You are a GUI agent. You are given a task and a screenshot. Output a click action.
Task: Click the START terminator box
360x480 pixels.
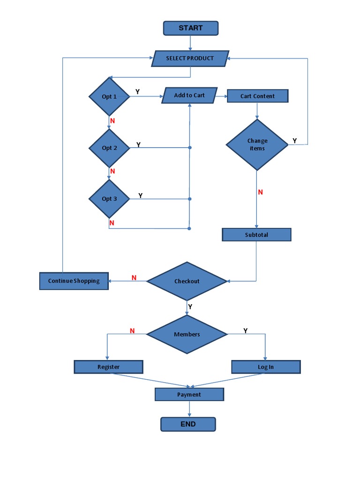click(190, 28)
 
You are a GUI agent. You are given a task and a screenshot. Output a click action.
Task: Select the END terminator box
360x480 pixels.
click(188, 424)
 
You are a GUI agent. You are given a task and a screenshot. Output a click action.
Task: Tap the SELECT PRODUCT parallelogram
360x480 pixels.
click(190, 59)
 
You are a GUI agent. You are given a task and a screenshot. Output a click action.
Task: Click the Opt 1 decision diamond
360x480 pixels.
click(109, 97)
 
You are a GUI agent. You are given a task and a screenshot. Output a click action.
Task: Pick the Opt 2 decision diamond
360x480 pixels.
click(109, 148)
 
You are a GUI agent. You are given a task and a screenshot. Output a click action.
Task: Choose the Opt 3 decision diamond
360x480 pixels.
click(109, 199)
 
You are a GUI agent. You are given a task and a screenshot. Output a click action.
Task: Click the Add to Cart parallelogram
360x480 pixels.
click(189, 96)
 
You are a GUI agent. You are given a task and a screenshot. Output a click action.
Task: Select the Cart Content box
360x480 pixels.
click(257, 96)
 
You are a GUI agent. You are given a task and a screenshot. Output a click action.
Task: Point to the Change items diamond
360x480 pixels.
click(257, 145)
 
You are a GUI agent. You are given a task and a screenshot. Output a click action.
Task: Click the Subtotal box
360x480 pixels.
click(256, 235)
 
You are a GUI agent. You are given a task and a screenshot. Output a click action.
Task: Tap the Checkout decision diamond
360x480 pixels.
click(187, 281)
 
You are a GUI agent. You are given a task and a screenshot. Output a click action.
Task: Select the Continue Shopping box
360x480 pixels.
click(74, 281)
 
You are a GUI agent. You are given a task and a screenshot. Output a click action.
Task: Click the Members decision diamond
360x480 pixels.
click(187, 334)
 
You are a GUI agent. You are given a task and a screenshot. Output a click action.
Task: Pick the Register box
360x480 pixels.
click(108, 367)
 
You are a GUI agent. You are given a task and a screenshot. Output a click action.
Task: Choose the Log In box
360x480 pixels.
click(265, 367)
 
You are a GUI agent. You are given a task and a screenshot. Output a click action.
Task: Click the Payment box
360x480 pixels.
click(189, 395)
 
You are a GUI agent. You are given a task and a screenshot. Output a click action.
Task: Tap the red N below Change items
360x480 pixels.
click(261, 192)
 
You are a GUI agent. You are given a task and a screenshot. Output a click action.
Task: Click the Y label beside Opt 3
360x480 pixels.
click(141, 195)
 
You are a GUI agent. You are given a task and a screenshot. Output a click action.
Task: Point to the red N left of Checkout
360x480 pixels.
click(134, 278)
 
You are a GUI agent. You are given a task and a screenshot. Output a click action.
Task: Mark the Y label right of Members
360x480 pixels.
click(245, 331)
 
